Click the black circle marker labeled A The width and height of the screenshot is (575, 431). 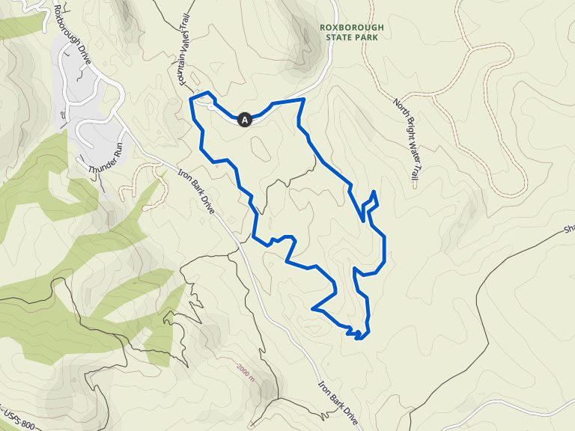tap(244, 119)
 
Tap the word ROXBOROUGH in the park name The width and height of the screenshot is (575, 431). tap(351, 28)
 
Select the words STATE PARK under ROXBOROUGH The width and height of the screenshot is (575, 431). tap(351, 38)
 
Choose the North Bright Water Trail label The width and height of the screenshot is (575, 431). tap(405, 139)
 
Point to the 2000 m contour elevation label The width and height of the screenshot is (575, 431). tap(245, 370)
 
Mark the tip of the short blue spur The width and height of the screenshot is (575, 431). tap(372, 192)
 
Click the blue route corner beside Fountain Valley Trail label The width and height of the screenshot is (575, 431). tap(191, 98)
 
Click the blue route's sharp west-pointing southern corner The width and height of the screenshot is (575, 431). tap(311, 308)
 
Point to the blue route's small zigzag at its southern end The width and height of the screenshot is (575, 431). tap(357, 332)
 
